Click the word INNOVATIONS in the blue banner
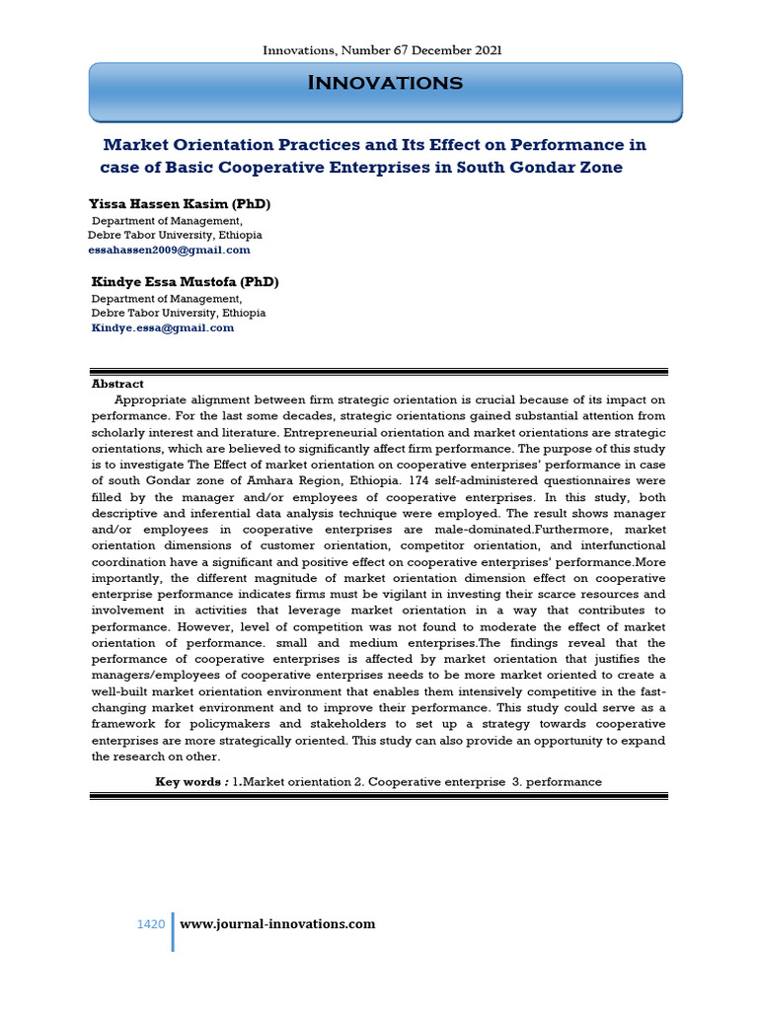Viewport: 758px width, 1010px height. (385, 84)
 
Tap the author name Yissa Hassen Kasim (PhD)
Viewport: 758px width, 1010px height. (180, 204)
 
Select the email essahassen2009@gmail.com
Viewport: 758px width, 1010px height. (169, 251)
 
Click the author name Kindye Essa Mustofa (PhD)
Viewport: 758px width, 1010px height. (186, 282)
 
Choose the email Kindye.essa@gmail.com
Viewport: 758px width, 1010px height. (163, 327)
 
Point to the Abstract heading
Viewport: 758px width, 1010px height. (117, 384)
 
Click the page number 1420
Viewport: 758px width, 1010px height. (150, 924)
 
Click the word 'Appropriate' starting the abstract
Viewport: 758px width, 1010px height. (151, 399)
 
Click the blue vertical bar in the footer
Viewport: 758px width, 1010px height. (173, 932)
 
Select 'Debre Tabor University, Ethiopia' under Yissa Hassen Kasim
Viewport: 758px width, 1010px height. (175, 236)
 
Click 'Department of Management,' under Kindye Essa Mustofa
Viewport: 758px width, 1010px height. (167, 298)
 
